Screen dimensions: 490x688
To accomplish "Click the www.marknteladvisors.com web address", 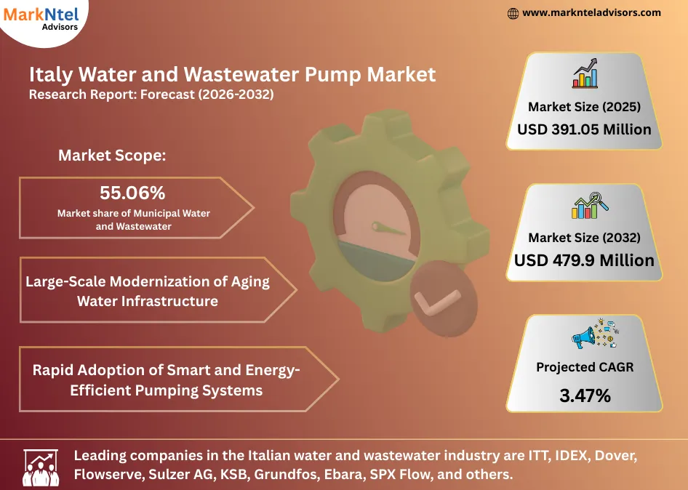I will tap(591, 12).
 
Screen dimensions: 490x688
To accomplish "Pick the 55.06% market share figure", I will tap(132, 193).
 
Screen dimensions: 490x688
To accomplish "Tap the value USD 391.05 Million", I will tap(584, 130).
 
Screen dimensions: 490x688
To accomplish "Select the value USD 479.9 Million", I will tap(584, 260).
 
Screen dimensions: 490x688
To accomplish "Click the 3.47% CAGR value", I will tap(584, 396).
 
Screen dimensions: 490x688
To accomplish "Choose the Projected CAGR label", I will tap(584, 367).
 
